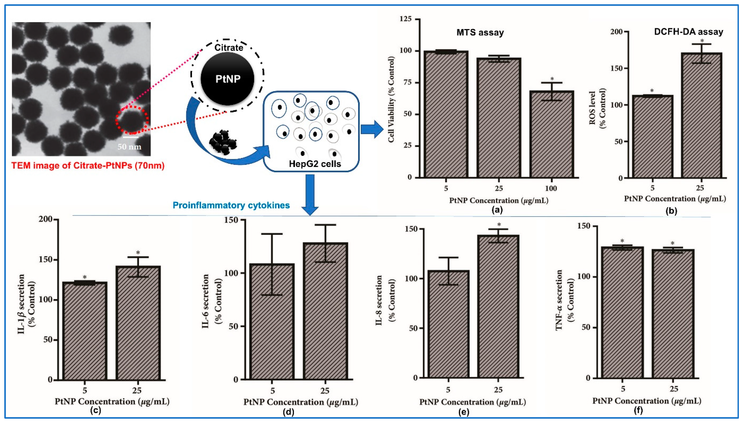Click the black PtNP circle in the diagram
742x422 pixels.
tap(227, 79)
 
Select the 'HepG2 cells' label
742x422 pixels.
tap(315, 164)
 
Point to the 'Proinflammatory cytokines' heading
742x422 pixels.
tap(231, 205)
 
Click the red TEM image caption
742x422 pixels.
tap(88, 166)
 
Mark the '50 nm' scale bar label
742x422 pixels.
tap(129, 147)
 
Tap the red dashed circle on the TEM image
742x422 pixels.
tap(132, 120)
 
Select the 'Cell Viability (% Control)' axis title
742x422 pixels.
tap(391, 99)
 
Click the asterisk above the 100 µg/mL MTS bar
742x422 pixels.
tap(552, 79)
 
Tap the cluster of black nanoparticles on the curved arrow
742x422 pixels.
tap(223, 143)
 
